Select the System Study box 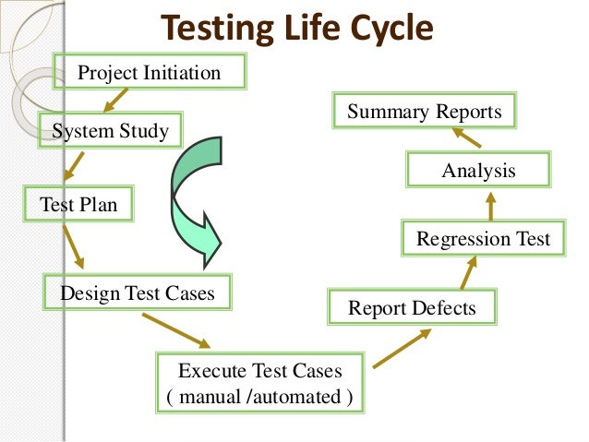111,130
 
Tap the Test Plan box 79,204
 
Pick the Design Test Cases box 138,293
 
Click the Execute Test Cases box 259,384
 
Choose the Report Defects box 412,307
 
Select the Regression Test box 482,239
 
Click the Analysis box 478,171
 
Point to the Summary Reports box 425,113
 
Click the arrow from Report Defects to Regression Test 468,273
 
